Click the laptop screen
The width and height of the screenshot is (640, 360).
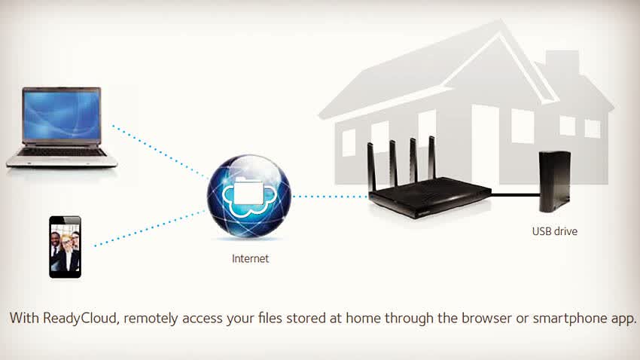(x=62, y=114)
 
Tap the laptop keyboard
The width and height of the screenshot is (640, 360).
(x=62, y=152)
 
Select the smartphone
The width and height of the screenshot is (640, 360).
(x=65, y=247)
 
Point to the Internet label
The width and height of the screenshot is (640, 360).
(x=250, y=258)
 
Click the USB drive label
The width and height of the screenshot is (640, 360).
(x=555, y=231)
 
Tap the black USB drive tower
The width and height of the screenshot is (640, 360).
(x=554, y=182)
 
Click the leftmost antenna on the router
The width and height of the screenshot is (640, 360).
(x=371, y=166)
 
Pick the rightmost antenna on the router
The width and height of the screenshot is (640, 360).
(x=432, y=158)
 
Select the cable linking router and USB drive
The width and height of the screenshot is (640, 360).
(x=515, y=195)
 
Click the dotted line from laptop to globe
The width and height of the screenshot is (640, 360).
(x=158, y=151)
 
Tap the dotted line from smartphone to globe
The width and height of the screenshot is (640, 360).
(x=150, y=228)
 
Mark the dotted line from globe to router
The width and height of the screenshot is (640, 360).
(x=330, y=197)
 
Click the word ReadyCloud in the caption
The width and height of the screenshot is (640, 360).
(x=81, y=318)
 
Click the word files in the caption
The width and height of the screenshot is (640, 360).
(x=270, y=318)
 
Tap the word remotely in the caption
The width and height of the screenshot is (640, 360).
(x=151, y=318)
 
